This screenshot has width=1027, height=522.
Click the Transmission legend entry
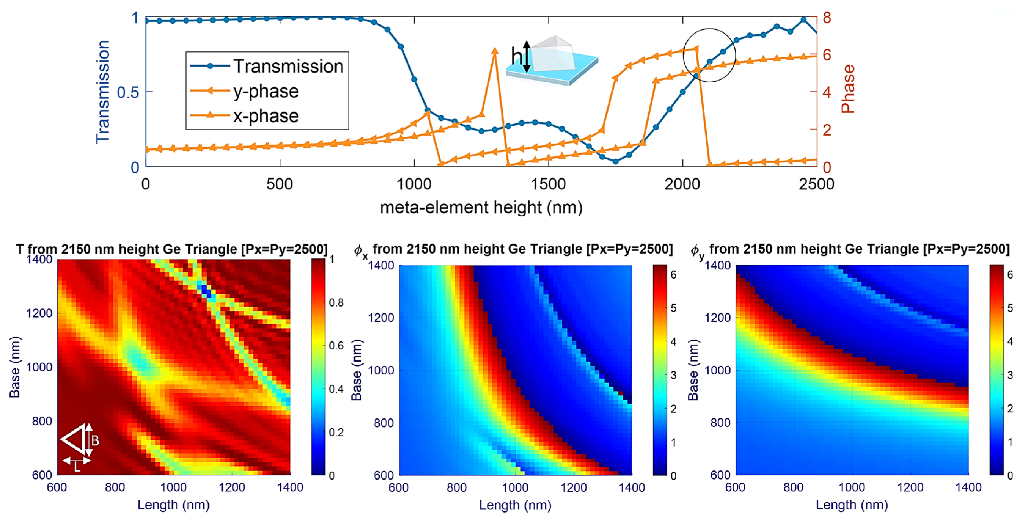[288, 67]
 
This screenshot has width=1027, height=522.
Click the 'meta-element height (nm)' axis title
[481, 208]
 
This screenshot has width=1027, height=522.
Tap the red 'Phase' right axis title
[848, 89]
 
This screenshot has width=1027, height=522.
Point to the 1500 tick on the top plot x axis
[549, 184]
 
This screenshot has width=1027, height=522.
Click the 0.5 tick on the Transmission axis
[128, 92]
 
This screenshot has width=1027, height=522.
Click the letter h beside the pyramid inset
[517, 56]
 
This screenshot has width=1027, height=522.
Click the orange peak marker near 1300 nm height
[495, 51]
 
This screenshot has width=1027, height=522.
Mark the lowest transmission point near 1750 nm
[616, 162]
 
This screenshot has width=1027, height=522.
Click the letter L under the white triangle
[77, 467]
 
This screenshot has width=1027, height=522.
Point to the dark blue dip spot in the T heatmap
[206, 292]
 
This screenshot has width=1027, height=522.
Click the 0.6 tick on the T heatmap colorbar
[336, 346]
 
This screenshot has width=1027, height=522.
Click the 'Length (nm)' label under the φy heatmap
[852, 505]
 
